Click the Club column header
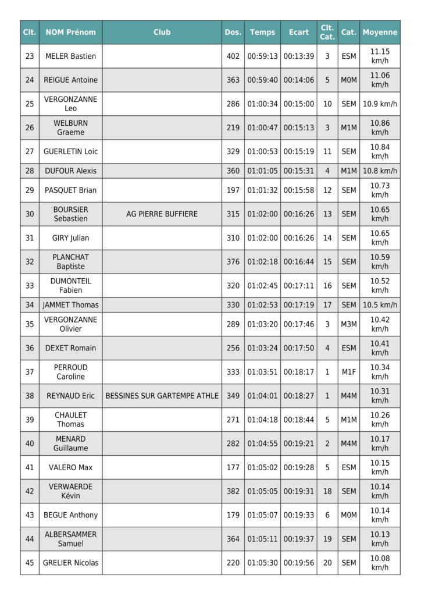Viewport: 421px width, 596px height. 162,33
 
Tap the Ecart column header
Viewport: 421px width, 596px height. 298,33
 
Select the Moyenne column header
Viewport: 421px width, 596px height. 380,33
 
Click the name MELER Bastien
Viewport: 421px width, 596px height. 70,56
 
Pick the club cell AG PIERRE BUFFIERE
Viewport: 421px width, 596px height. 162,214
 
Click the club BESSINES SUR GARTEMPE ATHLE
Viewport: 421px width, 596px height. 162,396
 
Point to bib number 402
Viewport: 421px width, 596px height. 233,56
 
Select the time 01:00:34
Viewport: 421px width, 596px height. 262,104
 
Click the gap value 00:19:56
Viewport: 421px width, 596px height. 298,563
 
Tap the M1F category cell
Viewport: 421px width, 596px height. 348,372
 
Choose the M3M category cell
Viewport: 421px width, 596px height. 348,324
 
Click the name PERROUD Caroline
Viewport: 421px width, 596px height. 70,372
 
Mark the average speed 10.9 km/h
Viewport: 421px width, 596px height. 380,104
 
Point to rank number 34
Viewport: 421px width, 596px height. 30,305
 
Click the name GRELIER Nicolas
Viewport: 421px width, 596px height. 70,563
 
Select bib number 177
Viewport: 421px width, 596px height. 233,467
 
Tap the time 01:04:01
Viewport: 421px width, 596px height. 262,396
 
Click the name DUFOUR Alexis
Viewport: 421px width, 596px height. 70,171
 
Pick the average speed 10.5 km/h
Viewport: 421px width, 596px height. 380,305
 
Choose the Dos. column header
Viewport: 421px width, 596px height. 233,33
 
